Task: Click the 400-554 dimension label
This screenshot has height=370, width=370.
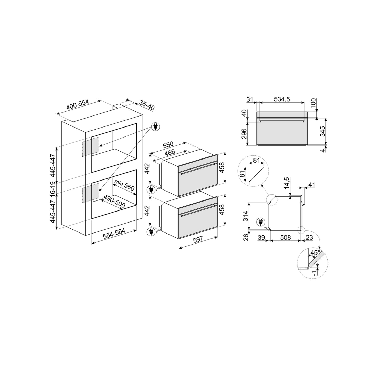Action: click(x=78, y=105)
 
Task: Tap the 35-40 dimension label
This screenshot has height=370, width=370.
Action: click(x=147, y=105)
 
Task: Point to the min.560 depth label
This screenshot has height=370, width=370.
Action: click(x=124, y=185)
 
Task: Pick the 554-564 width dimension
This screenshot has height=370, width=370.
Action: click(x=114, y=234)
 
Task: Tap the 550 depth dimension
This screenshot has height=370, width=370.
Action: click(x=168, y=145)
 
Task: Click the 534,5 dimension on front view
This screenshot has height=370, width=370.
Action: click(x=282, y=99)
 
